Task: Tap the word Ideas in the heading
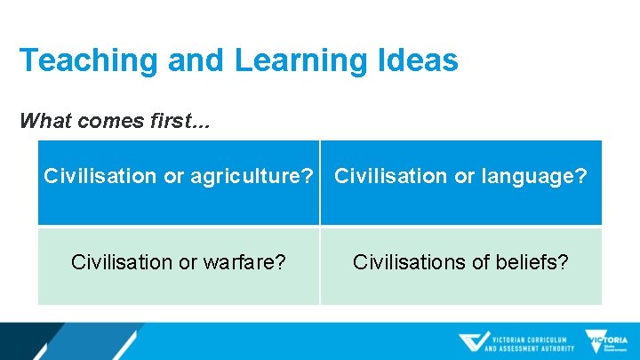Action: (420, 60)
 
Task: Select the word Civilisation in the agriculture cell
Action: (100, 176)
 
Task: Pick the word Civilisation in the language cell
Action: (390, 176)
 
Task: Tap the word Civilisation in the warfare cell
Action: (124, 262)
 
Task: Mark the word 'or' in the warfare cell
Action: (192, 262)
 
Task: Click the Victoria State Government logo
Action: (606, 341)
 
